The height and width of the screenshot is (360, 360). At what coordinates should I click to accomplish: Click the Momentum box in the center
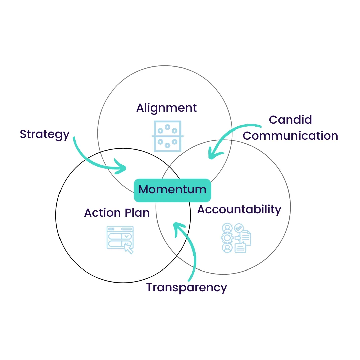pos(172,190)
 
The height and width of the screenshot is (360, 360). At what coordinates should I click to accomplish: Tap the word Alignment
pos(166,108)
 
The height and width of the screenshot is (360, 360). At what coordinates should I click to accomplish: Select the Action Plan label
pos(117,213)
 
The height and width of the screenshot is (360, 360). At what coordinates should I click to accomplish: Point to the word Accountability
pos(239,210)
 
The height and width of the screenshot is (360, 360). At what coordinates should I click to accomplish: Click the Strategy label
pos(44,134)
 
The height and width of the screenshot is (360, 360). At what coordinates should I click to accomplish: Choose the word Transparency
pos(187,287)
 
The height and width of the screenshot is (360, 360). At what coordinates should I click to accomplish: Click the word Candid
pos(290,120)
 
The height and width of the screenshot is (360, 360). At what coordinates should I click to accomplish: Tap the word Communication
pos(290,136)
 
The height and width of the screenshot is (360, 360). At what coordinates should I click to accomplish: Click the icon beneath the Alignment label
pos(167,136)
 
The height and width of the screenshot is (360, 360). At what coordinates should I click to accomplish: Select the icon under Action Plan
pos(120,239)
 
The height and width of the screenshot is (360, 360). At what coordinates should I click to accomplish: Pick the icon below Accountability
pos(236,238)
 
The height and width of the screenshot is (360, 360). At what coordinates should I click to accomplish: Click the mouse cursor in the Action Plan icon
pos(128,249)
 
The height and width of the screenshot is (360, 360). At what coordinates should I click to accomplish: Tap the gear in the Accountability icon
pos(228,238)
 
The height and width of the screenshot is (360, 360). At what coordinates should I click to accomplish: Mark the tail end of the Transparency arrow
pos(189,280)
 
